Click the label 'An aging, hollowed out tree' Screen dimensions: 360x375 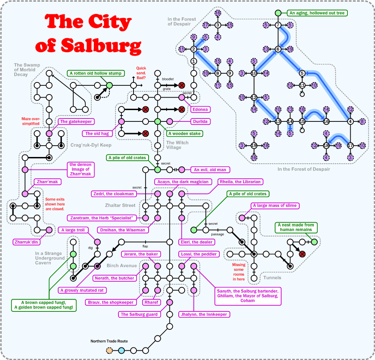pyautogui.click(x=317, y=13)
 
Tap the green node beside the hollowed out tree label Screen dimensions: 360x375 pyautogui.click(x=278, y=13)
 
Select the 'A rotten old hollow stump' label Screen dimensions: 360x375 pyautogui.click(x=95, y=73)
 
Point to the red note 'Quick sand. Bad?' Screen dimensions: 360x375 pyautogui.click(x=141, y=74)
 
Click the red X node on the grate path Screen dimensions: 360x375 pyautogui.click(x=182, y=85)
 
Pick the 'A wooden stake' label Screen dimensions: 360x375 pyautogui.click(x=184, y=134)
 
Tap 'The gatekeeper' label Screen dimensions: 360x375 pyautogui.click(x=75, y=121)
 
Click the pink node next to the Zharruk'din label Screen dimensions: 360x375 pyautogui.click(x=49, y=230)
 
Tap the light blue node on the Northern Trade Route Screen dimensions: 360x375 pyautogui.click(x=121, y=350)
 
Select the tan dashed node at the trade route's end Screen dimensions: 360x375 pyautogui.click(x=109, y=350)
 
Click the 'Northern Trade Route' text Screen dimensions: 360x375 pyautogui.click(x=109, y=341)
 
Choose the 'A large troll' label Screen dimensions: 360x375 pyautogui.click(x=74, y=230)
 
